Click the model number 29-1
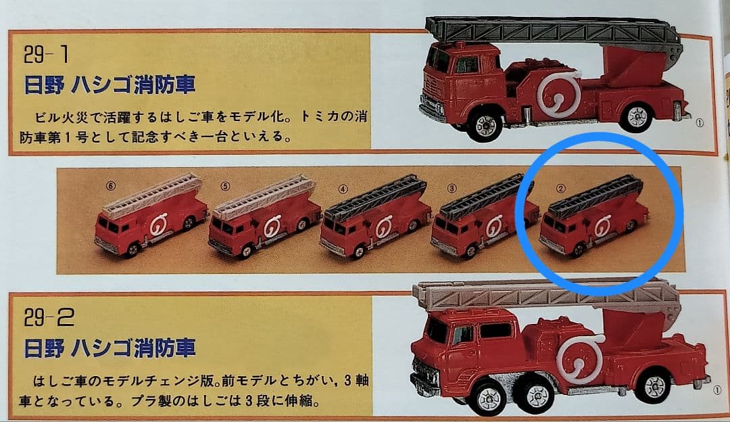tap(41, 53)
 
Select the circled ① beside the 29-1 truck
tap(700, 123)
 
